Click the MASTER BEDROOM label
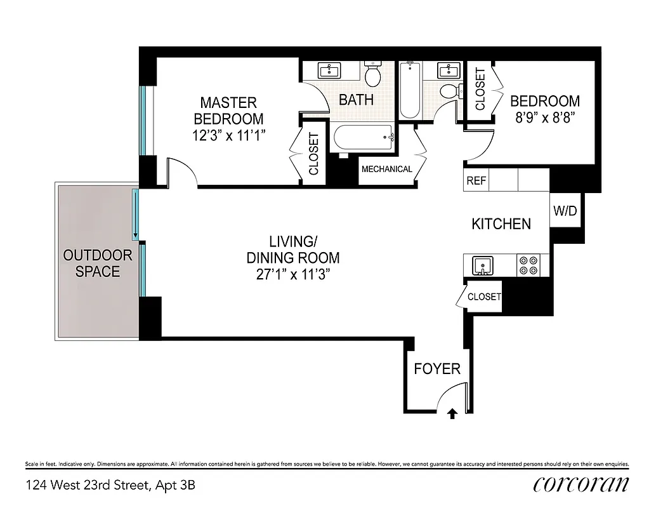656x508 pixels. tap(228, 110)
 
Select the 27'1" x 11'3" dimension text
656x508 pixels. tap(292, 274)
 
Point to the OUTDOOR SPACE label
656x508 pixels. tap(97, 264)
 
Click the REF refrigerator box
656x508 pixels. tap(476, 180)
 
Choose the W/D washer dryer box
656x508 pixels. tap(565, 211)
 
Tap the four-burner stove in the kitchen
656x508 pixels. tap(527, 265)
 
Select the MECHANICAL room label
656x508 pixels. tap(387, 170)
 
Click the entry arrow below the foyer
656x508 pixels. tap(452, 414)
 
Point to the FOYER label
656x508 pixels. tap(437, 369)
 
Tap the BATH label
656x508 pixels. tap(356, 100)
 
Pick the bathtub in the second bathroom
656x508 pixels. tap(409, 90)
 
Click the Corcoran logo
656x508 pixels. tap(581, 485)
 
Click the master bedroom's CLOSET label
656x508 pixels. tap(313, 154)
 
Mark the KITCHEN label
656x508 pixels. tap(501, 224)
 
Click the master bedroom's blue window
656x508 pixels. tap(143, 121)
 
